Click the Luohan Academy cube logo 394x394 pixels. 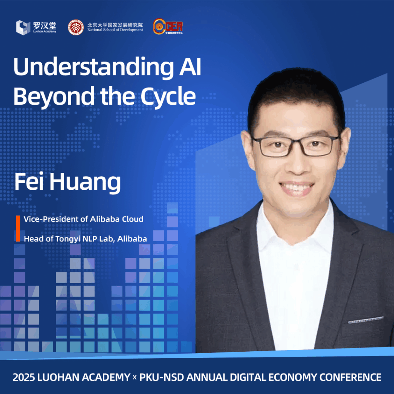pyautogui.click(x=23, y=27)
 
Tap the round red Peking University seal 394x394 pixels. pyautogui.click(x=76, y=27)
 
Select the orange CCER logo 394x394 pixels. pyautogui.click(x=168, y=27)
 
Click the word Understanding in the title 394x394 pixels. pyautogui.click(x=93, y=67)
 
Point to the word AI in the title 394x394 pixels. pyautogui.click(x=190, y=66)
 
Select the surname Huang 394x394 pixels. pyautogui.click(x=85, y=183)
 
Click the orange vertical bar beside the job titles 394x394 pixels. pyautogui.click(x=18, y=229)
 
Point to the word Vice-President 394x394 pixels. pyautogui.click(x=51, y=219)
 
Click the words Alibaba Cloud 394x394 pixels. pyautogui.click(x=117, y=219)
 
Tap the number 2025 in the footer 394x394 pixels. pyautogui.click(x=23, y=377)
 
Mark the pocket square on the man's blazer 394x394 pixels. pyautogui.click(x=366, y=320)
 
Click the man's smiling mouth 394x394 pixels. pyautogui.click(x=297, y=187)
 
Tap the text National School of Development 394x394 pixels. pyautogui.click(x=115, y=30)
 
